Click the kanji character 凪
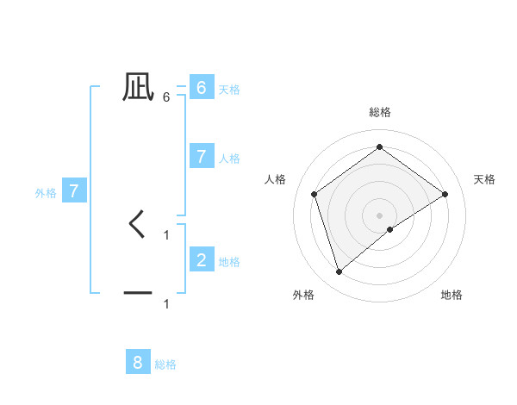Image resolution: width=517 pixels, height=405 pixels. point(138,86)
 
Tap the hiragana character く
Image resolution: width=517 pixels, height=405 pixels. point(137,225)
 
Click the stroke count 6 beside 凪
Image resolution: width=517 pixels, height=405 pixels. point(166,97)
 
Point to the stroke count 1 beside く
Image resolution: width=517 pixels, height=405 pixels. point(166,234)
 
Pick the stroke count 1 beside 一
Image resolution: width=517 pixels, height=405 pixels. point(166,303)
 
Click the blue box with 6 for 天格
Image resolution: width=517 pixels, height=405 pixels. point(201,87)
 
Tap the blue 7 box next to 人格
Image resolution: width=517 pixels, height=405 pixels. point(201,156)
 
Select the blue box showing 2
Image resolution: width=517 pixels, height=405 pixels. point(201,259)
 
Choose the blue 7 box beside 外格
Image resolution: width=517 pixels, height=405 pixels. point(74,191)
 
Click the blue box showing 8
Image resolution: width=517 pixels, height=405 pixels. point(138,362)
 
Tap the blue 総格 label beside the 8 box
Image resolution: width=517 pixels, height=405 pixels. point(165,364)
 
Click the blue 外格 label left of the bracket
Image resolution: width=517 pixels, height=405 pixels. point(46,193)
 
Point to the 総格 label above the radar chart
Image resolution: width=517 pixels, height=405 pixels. point(380,112)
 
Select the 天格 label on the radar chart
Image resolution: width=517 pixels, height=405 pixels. point(484,179)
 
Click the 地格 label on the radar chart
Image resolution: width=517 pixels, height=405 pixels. point(452,295)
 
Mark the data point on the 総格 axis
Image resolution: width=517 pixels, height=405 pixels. point(379,147)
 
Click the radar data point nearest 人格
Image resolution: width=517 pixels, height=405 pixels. point(315,194)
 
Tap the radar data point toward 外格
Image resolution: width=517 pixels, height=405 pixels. point(339,272)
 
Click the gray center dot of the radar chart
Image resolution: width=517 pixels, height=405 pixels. point(379,215)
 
